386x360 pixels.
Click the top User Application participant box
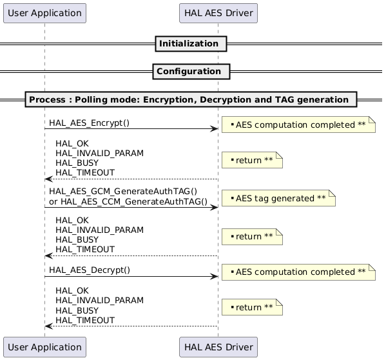pyautogui.click(x=44, y=12)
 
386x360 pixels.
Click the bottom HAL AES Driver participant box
pyautogui.click(x=218, y=347)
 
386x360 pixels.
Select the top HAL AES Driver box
pyautogui.click(x=218, y=12)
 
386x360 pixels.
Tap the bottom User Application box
pyautogui.click(x=44, y=347)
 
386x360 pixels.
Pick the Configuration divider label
pyautogui.click(x=189, y=71)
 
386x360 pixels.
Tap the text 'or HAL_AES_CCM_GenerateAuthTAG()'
pyautogui.click(x=128, y=202)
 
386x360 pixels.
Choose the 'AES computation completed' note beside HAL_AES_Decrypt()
pyautogui.click(x=298, y=272)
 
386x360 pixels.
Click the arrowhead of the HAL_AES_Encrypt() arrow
pyautogui.click(x=213, y=129)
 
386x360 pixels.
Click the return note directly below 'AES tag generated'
pyautogui.click(x=256, y=237)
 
